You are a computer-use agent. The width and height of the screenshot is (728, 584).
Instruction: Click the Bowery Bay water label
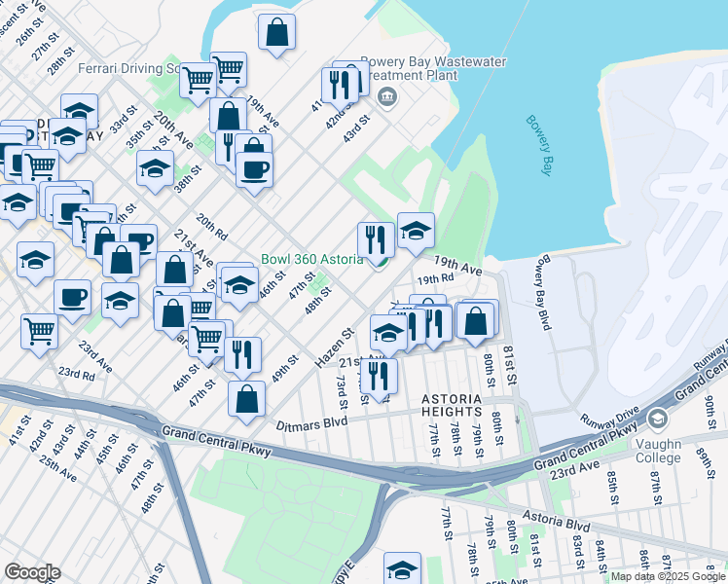tap(539, 146)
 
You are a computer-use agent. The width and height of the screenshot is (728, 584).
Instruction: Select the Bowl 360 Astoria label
tap(311, 260)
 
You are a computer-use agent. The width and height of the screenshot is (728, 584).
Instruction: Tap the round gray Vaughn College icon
tap(657, 419)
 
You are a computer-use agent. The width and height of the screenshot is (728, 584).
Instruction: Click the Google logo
tap(32, 571)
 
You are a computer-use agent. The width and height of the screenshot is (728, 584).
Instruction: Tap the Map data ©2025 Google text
tap(667, 576)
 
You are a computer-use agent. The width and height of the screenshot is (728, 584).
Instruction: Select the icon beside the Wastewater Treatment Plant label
tap(386, 95)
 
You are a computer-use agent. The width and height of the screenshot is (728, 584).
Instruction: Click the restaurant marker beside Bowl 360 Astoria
tap(376, 239)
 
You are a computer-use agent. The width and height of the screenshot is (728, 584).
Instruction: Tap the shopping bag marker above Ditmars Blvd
tap(248, 397)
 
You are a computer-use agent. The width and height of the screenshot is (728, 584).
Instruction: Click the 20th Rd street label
tap(211, 228)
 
